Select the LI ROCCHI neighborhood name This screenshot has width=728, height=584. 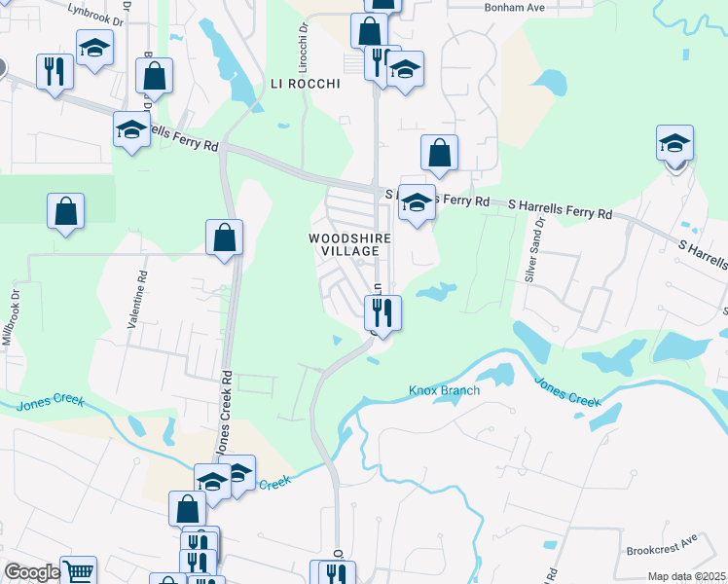click(305, 85)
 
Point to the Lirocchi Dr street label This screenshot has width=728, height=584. click(303, 38)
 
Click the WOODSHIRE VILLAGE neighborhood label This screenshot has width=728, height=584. click(350, 244)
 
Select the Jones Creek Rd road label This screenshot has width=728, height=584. click(226, 415)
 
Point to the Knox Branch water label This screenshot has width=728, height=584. click(444, 391)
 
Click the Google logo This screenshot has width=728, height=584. click(32, 572)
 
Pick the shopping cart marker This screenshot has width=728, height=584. click(79, 570)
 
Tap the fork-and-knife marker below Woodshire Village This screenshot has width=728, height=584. click(382, 312)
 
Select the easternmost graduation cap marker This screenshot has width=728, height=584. click(674, 142)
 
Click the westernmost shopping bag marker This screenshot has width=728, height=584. click(65, 210)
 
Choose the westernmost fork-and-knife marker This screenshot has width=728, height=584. click(54, 71)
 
